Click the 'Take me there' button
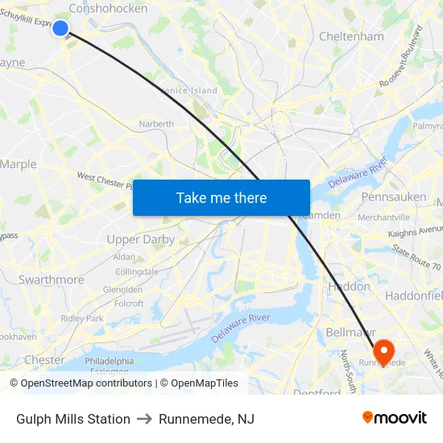pyautogui.click(x=221, y=197)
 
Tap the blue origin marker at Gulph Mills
pyautogui.click(x=60, y=28)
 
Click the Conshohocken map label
pyautogui.click(x=109, y=8)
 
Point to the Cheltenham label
pyautogui.click(x=351, y=36)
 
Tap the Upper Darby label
pyautogui.click(x=141, y=239)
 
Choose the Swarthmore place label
pyautogui.click(x=51, y=279)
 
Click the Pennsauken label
pyautogui.click(x=393, y=197)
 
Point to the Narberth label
pyautogui.click(x=156, y=124)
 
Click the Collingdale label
pyautogui.click(x=137, y=272)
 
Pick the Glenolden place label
pyautogui.click(x=123, y=290)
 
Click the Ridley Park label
pyautogui.click(x=82, y=318)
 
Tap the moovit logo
pyautogui.click(x=394, y=418)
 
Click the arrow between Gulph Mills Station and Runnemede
pyautogui.click(x=144, y=419)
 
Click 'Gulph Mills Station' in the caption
pyautogui.click(x=73, y=419)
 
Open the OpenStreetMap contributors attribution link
pyautogui.click(x=86, y=383)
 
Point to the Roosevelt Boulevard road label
pyautogui.click(x=400, y=56)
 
